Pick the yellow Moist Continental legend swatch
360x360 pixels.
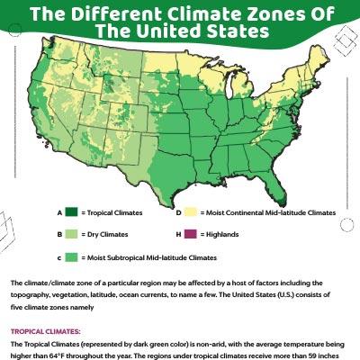coord(191,213)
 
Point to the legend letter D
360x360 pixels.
coord(178,213)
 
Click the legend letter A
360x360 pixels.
coord(58,213)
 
